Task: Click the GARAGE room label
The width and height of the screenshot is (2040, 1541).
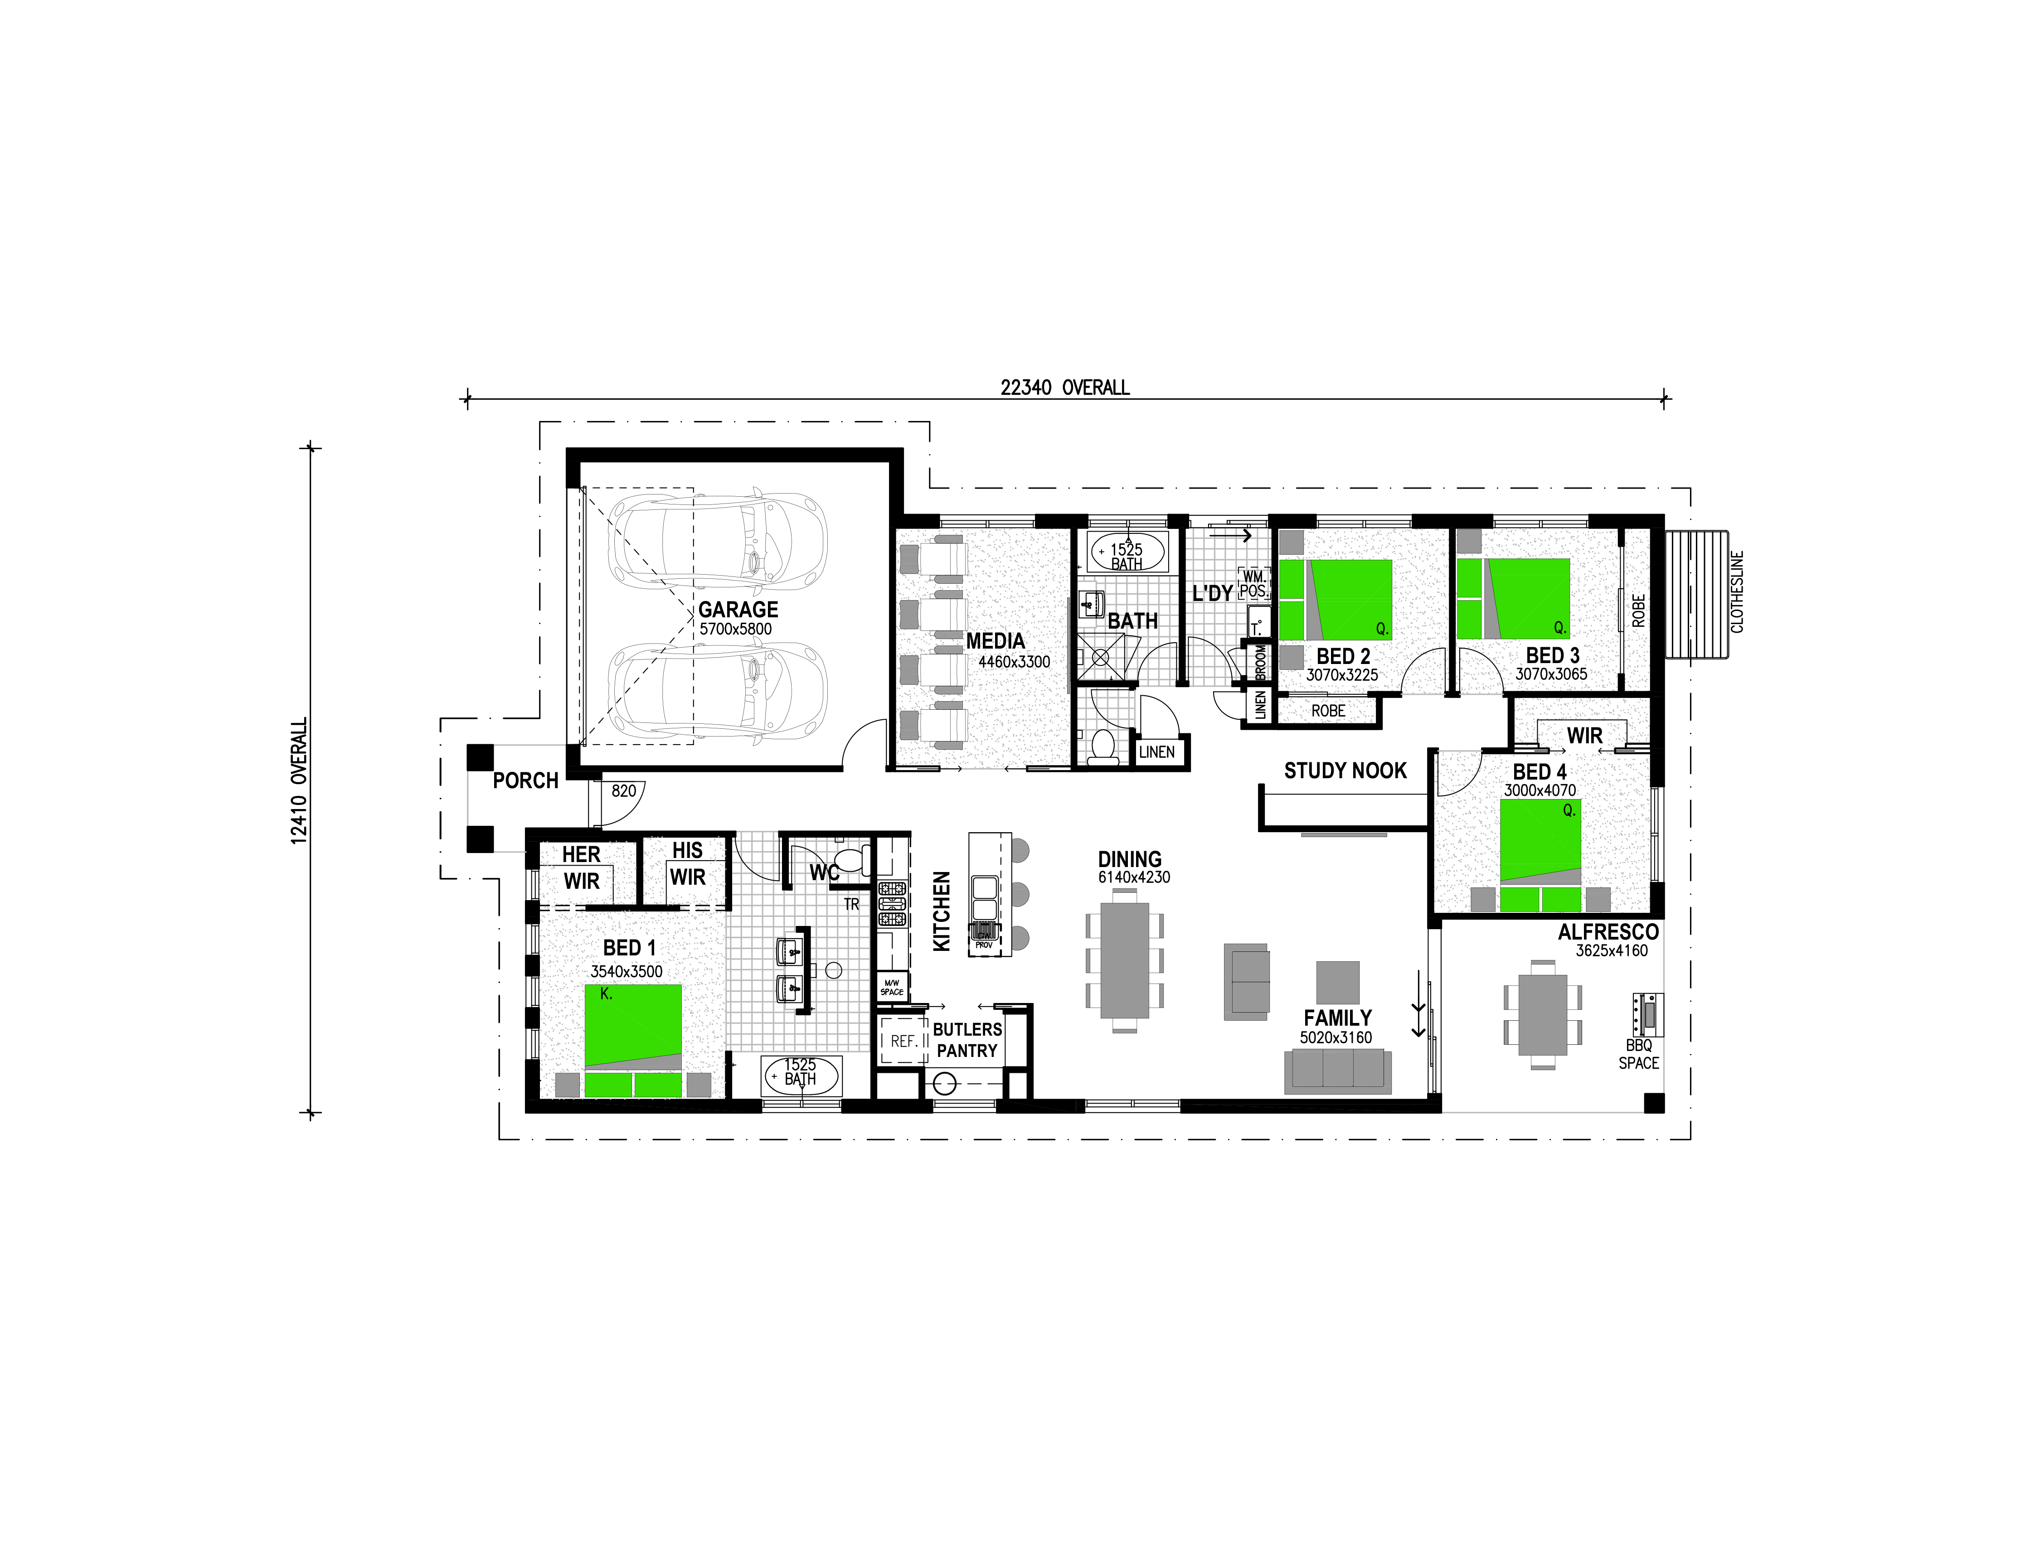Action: tap(738, 610)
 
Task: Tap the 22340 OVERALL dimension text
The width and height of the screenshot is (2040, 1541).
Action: tap(1065, 388)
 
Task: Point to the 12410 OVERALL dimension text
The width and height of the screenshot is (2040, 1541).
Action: tap(299, 781)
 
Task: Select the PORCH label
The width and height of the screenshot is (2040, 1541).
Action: tap(526, 781)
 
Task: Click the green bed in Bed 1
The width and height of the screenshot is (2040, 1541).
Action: tap(634, 1040)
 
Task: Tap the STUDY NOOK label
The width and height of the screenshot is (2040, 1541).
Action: tap(1345, 771)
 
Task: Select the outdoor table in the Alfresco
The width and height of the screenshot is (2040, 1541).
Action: tap(1543, 1014)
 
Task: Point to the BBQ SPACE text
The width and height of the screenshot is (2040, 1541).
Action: tap(1639, 1054)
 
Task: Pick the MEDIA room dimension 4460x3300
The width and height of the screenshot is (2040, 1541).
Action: tap(1015, 662)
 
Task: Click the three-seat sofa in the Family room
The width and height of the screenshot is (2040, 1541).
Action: tap(1338, 1071)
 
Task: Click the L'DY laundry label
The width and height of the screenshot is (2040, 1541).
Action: tap(1213, 593)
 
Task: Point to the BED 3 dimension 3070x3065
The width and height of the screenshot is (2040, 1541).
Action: tap(1551, 674)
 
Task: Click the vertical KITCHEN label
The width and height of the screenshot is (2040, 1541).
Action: tap(942, 911)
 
